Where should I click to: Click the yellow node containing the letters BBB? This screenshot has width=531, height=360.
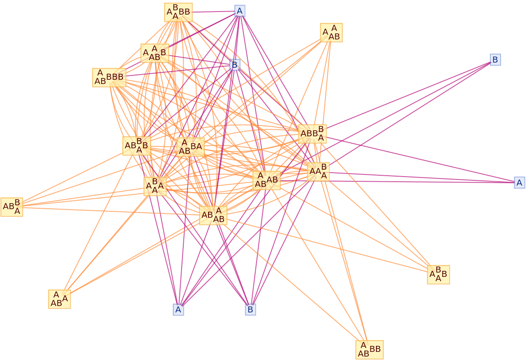click(x=109, y=77)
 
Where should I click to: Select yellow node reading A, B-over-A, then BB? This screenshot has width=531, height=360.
click(x=178, y=12)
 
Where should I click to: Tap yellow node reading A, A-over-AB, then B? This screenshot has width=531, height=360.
click(x=155, y=53)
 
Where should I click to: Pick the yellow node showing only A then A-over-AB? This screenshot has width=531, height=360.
click(x=331, y=33)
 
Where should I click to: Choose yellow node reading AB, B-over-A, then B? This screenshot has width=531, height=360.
click(x=136, y=146)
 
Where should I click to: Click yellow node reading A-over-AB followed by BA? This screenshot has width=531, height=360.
click(x=190, y=147)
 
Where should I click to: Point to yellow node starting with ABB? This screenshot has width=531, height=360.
click(x=312, y=134)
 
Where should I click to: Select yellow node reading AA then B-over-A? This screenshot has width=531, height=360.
click(x=318, y=171)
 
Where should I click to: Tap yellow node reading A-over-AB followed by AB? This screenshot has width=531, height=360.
click(x=266, y=180)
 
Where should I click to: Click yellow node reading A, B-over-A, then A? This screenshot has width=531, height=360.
click(x=155, y=186)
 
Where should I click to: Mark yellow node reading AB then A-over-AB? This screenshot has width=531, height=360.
click(x=213, y=215)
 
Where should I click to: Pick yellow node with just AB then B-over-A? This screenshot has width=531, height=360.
click(x=12, y=207)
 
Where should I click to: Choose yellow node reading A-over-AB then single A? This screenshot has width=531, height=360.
click(x=59, y=299)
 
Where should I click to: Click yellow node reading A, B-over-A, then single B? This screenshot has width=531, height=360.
click(x=438, y=274)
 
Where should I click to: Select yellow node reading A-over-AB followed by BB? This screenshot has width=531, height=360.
click(x=369, y=349)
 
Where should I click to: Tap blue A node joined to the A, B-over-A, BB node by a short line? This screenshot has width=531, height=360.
click(x=240, y=11)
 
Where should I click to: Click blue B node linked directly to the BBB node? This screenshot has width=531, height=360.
click(x=235, y=65)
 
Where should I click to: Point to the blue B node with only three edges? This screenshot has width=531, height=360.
click(x=495, y=60)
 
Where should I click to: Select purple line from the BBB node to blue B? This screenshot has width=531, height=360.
click(x=180, y=71)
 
